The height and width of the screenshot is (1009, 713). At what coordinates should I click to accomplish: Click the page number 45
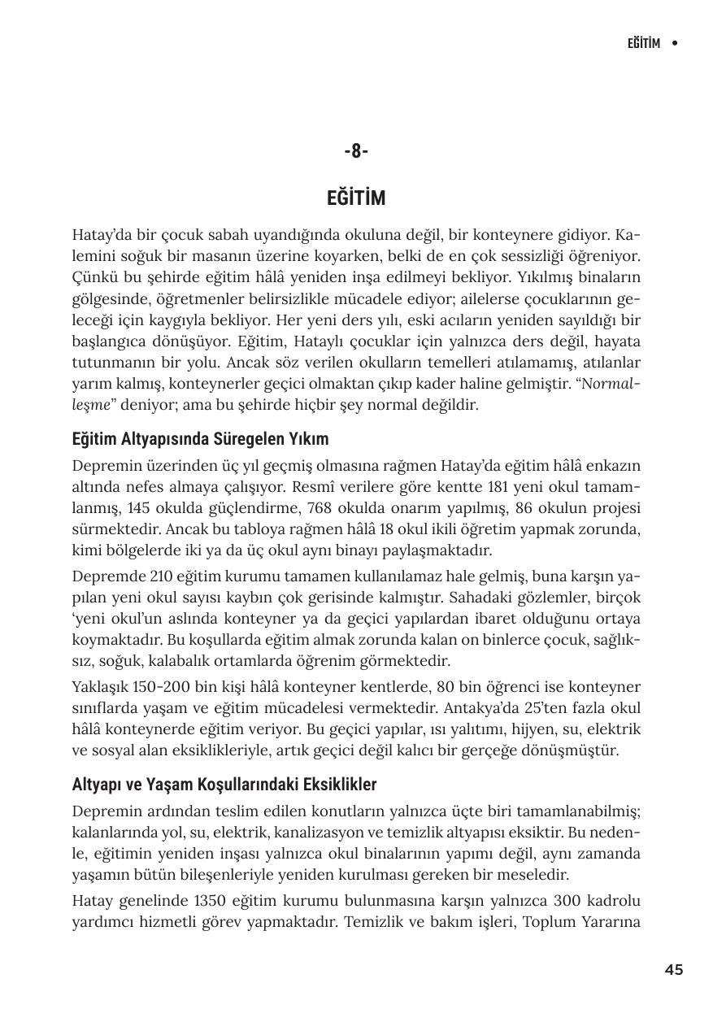pos(673,969)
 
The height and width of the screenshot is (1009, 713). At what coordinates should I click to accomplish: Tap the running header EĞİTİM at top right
pos(643,43)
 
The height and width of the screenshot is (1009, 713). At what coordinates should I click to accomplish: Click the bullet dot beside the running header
pos(675,43)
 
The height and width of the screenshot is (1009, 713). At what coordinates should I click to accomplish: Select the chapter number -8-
pos(356,151)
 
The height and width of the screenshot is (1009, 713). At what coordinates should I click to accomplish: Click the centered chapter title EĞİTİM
pos(356,198)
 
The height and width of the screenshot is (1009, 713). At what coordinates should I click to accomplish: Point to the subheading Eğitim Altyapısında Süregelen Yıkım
pos(200,439)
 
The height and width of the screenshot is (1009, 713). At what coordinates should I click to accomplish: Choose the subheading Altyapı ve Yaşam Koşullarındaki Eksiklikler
pos(224,785)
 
